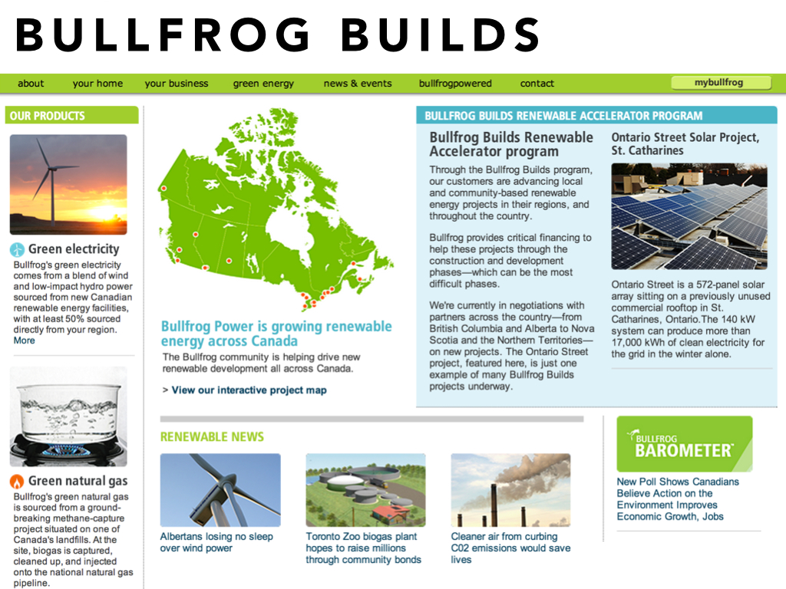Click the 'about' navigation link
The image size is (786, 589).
[31, 83]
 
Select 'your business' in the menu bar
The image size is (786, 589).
[177, 83]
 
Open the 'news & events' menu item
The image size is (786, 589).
[358, 83]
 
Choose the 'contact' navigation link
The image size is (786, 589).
[537, 83]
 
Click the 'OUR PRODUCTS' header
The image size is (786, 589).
[48, 116]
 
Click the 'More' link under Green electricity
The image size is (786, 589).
[24, 341]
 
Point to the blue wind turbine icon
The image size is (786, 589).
[17, 249]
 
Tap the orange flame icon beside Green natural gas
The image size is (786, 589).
[17, 482]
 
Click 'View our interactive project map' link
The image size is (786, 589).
[249, 390]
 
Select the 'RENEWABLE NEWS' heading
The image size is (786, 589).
[212, 436]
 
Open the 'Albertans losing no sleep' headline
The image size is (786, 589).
[216, 542]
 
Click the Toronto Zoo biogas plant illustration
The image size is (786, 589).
[365, 490]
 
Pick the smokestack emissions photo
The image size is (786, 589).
[510, 490]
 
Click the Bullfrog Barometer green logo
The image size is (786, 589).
[684, 444]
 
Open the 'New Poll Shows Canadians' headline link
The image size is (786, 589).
[678, 499]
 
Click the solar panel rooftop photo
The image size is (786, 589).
[689, 216]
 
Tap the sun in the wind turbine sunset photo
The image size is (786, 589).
[104, 213]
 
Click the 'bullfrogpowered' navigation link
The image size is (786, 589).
[455, 83]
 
